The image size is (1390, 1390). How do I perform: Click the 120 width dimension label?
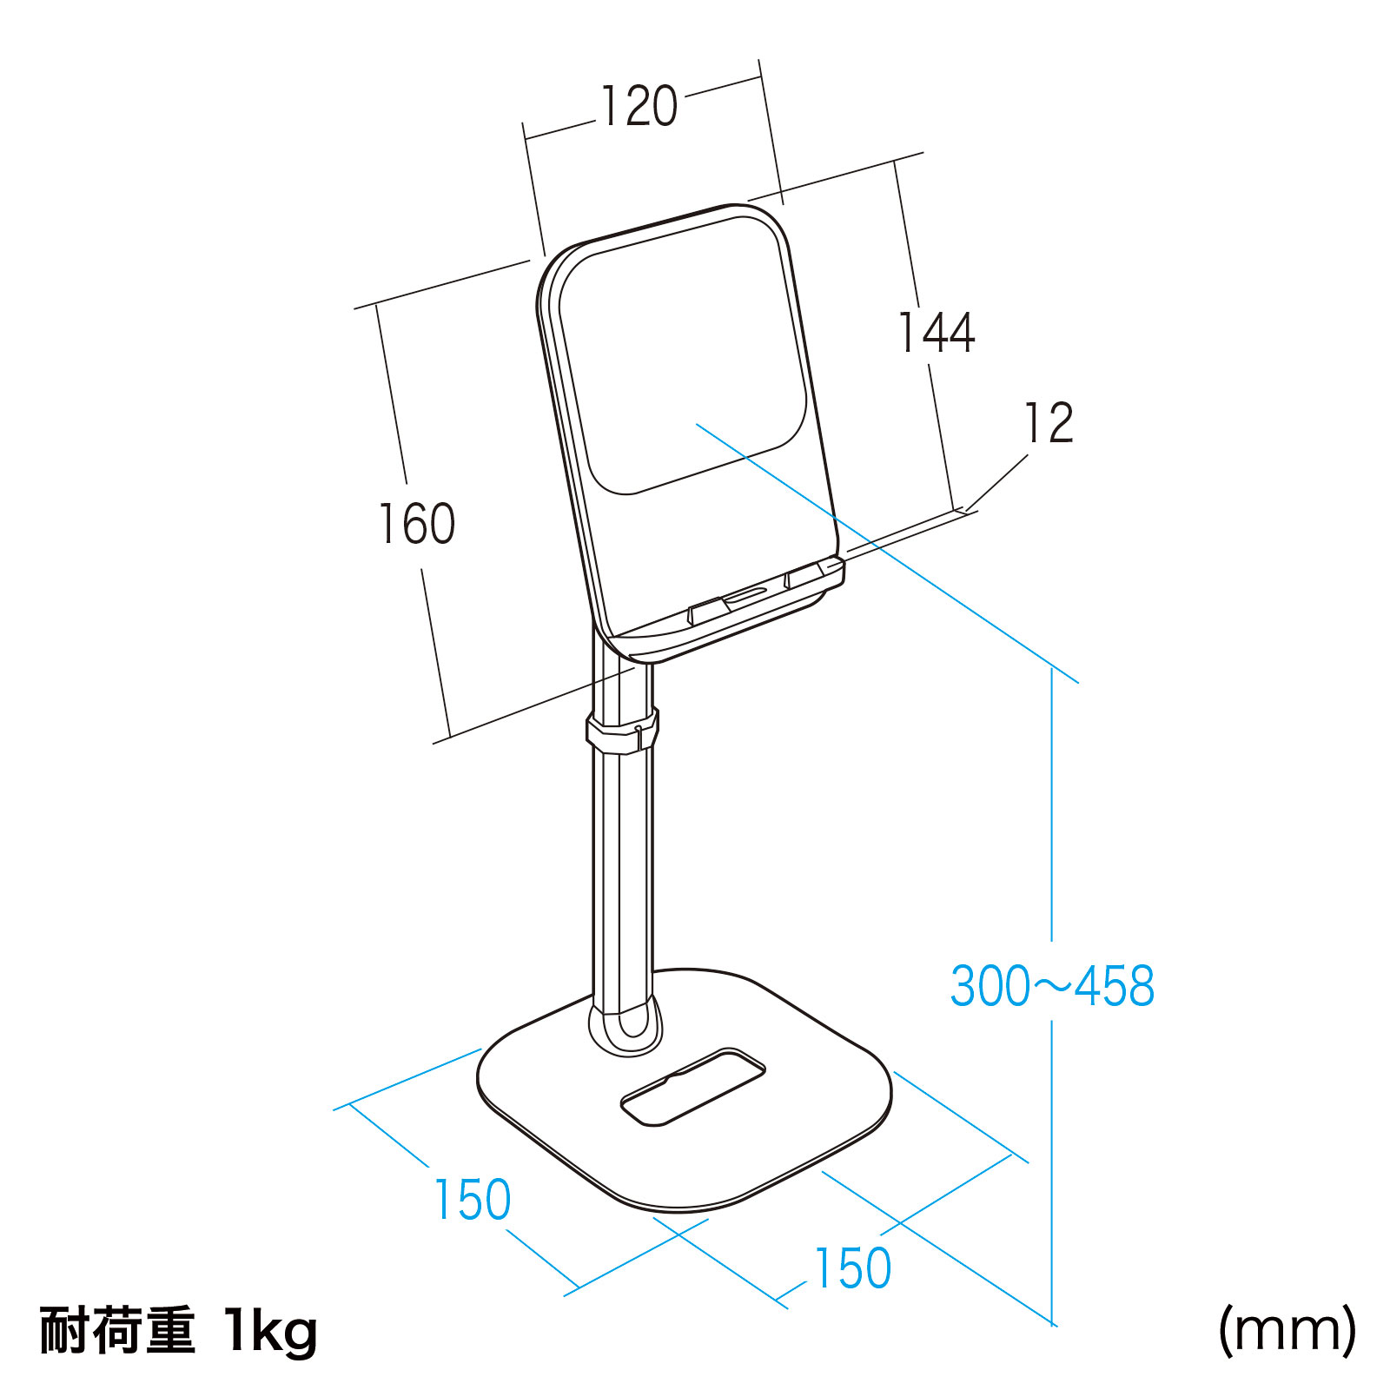click(639, 107)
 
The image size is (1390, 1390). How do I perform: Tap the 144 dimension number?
click(936, 332)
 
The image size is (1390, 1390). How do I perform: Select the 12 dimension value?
click(1049, 423)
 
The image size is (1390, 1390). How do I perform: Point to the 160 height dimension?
click(417, 524)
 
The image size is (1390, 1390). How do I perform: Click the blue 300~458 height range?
click(1052, 986)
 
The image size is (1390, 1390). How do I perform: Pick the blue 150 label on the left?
click(472, 1200)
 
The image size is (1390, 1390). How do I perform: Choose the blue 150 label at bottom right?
click(852, 1268)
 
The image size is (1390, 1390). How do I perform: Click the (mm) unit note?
click(1287, 1330)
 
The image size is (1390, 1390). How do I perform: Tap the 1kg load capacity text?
click(270, 1332)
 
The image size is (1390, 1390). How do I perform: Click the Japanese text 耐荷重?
click(117, 1330)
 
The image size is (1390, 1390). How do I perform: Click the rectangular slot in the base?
click(693, 1087)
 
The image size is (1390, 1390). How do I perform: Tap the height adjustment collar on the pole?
click(622, 730)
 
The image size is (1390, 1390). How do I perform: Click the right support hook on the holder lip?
click(804, 575)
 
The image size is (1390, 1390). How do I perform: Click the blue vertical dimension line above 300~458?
click(1052, 804)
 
